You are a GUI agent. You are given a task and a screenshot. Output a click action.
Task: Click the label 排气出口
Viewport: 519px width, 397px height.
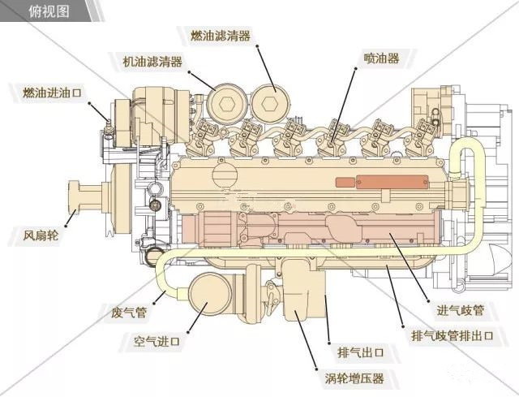tap(359, 352)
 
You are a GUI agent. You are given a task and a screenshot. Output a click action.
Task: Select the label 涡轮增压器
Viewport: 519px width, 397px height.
tap(350, 378)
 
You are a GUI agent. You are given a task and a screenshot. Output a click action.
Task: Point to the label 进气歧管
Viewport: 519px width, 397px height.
tap(461, 309)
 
